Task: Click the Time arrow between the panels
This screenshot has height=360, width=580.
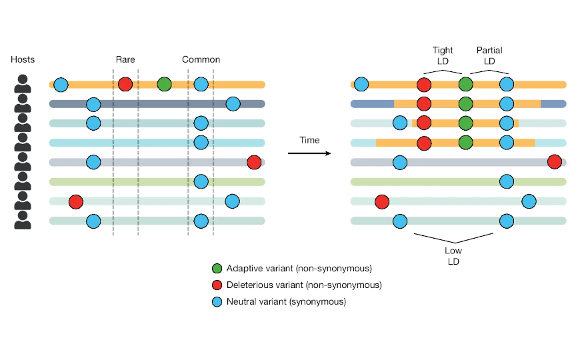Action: point(309,153)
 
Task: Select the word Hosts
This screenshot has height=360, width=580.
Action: point(23,60)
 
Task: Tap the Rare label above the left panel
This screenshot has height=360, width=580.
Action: point(125,60)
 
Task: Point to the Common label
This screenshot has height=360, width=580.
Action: point(201,60)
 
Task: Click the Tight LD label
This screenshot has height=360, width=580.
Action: point(443,56)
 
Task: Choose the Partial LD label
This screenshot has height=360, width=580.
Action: point(489,56)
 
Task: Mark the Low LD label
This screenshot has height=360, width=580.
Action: point(454,256)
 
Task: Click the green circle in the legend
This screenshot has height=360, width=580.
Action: point(217,269)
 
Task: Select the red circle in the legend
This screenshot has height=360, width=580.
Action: point(217,285)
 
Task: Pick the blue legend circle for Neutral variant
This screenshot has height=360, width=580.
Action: point(217,301)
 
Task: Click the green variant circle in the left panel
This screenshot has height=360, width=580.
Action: point(164,85)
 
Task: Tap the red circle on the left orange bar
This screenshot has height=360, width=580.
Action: point(125,85)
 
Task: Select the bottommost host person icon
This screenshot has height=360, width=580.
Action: point(23,221)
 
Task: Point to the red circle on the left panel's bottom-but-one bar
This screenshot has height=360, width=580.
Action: point(75,201)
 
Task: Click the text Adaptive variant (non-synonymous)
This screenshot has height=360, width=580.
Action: point(299,269)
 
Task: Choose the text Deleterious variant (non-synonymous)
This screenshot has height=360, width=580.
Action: point(304,285)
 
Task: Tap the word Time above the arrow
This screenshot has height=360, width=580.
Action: point(309,141)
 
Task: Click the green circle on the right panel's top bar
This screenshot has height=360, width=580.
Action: point(465,85)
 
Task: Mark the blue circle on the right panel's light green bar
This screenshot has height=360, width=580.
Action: point(507,181)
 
